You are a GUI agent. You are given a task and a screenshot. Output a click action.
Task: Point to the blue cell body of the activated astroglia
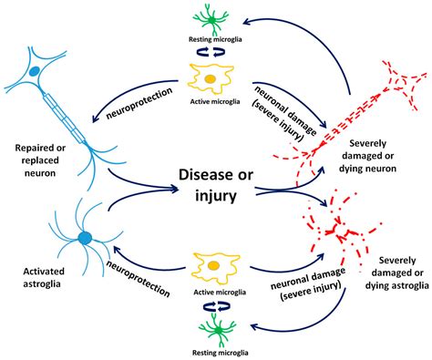84,239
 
